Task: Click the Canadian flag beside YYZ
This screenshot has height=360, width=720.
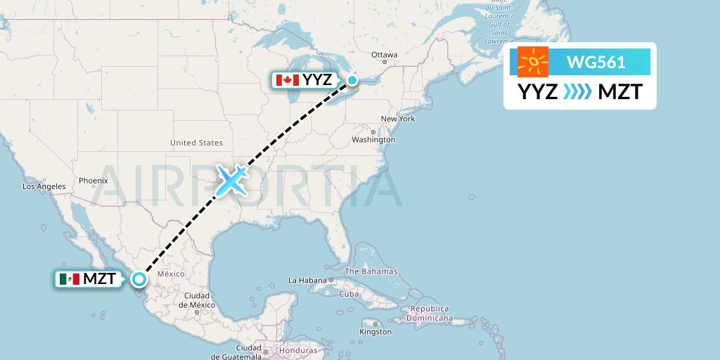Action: (287, 80)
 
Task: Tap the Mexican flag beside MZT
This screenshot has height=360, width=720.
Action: (70, 279)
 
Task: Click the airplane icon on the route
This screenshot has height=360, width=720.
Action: (231, 180)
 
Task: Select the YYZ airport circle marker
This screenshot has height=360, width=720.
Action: (352, 80)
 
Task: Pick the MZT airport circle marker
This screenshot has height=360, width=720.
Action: (139, 279)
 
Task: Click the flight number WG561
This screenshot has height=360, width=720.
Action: (596, 62)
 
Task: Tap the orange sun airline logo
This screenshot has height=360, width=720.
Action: (533, 62)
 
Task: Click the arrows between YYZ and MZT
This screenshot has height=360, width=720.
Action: (578, 92)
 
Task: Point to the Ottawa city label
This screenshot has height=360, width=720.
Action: (385, 55)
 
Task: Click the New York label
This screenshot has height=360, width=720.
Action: (397, 119)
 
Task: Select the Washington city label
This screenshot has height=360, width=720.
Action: (373, 140)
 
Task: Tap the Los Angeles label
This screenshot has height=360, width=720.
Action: (44, 187)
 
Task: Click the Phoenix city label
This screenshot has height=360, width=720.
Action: (93, 181)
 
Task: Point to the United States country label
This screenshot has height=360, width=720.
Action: (196, 143)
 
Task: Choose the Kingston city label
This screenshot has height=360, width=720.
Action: (375, 331)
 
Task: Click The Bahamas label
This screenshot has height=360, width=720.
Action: (371, 271)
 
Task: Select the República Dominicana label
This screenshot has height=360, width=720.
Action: (431, 314)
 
